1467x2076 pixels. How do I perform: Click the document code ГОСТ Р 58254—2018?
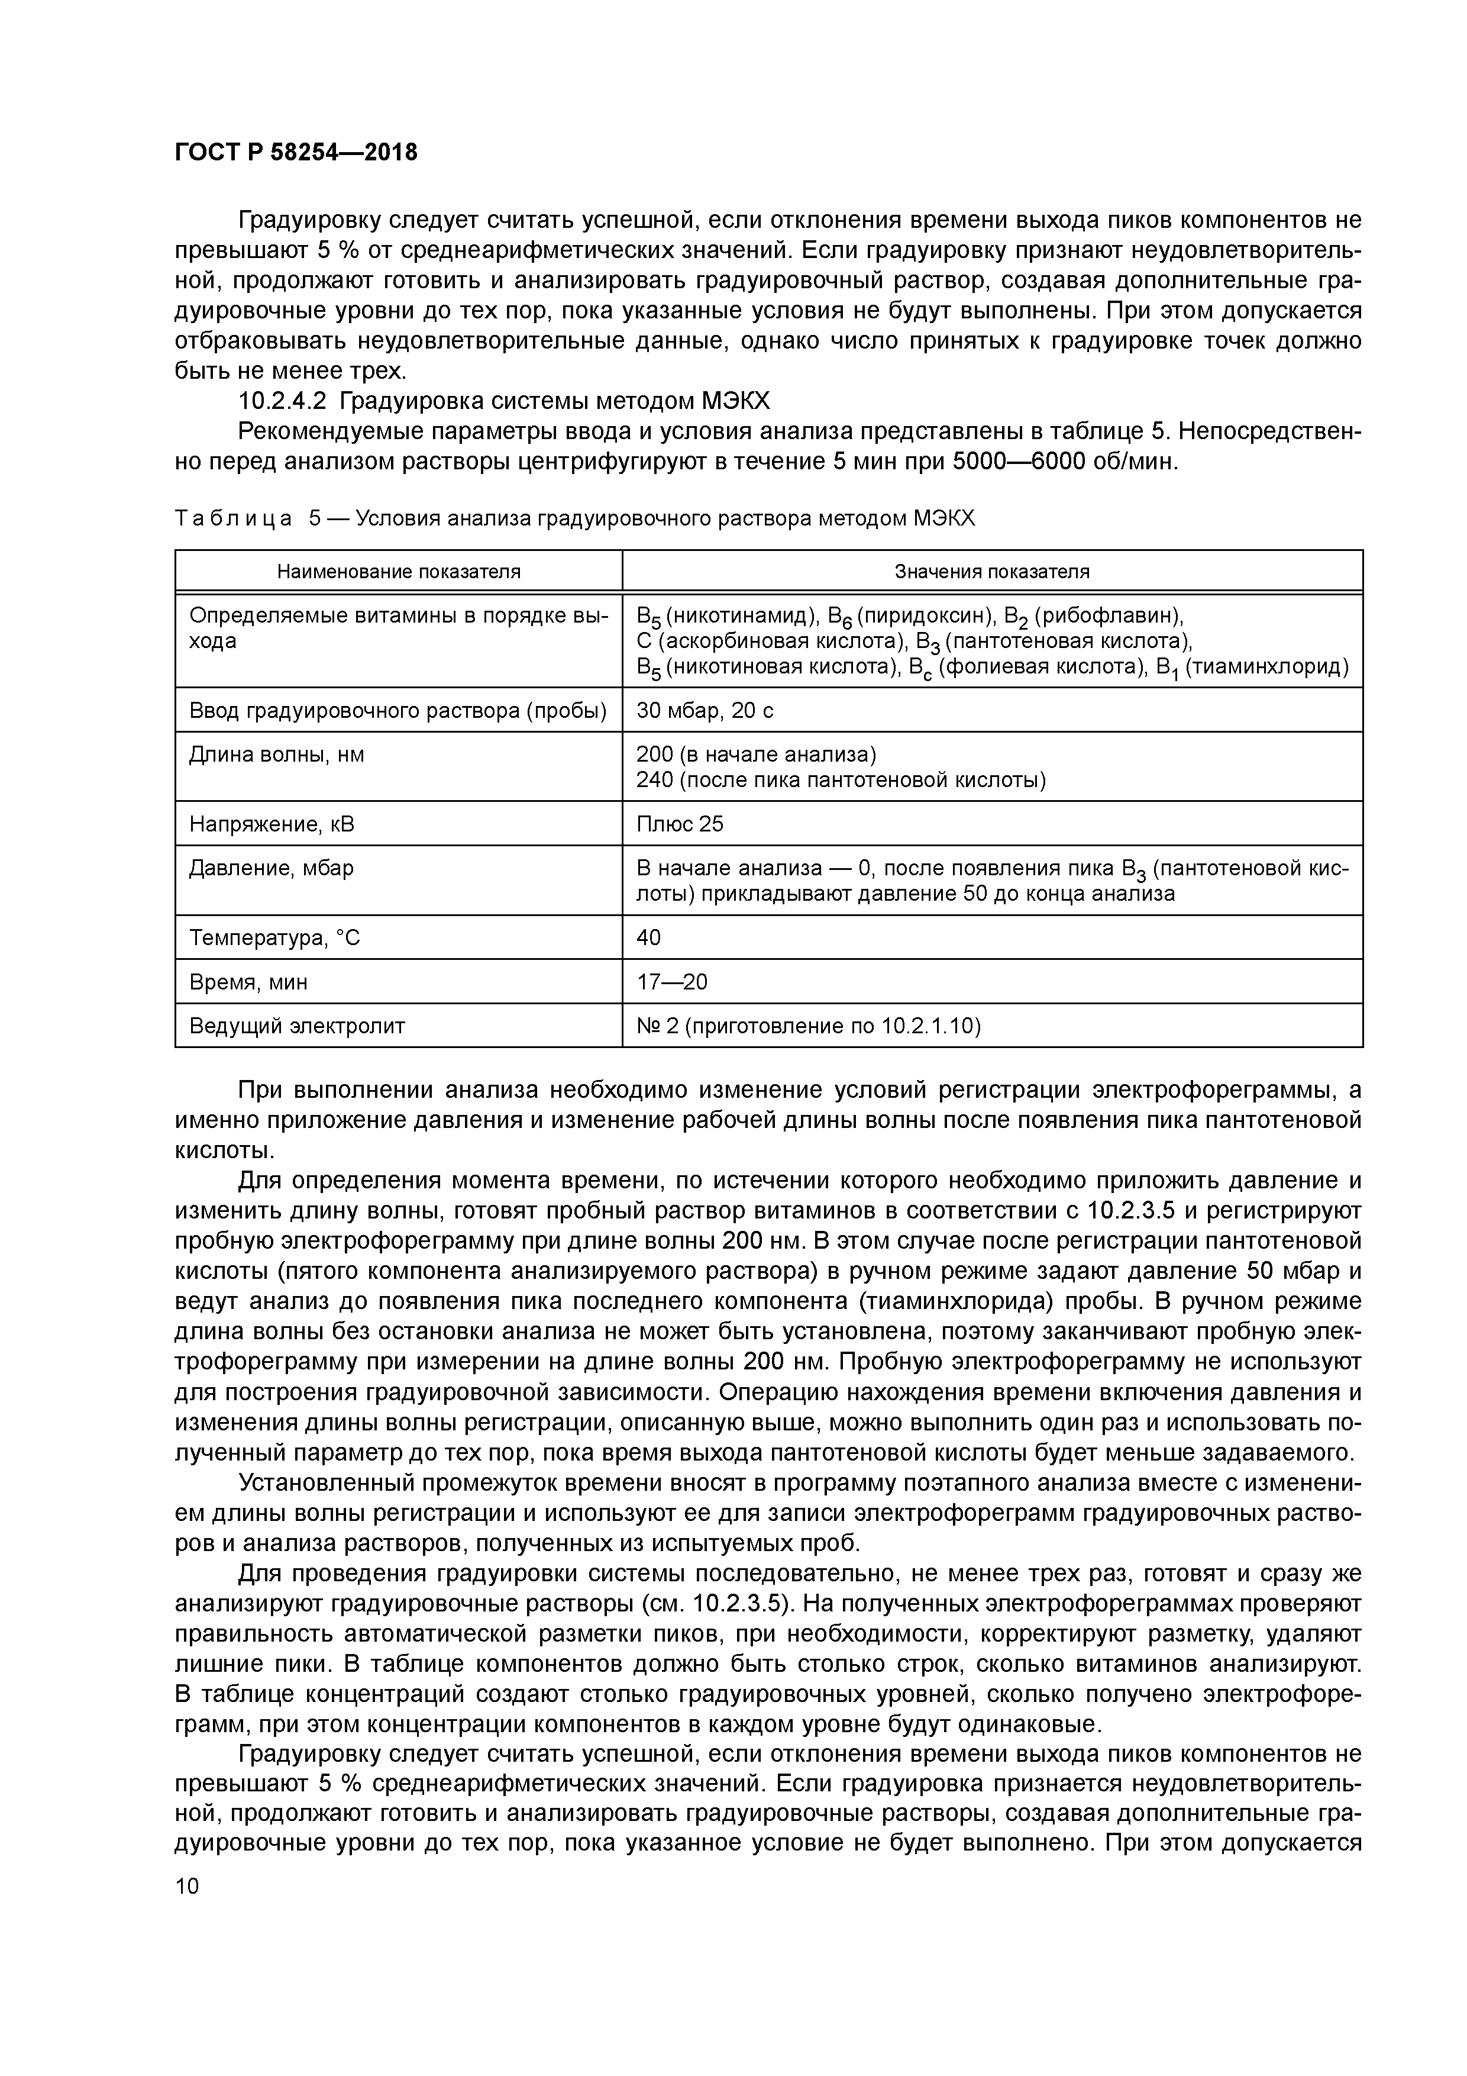click(x=296, y=153)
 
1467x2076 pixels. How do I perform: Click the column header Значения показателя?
click(x=991, y=572)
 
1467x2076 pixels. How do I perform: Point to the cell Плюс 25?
click(x=680, y=824)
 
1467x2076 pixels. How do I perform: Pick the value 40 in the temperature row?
click(x=648, y=937)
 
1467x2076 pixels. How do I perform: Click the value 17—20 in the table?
click(x=671, y=982)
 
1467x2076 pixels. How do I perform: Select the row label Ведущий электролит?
click(x=296, y=1026)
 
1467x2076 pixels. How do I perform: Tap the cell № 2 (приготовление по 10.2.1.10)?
click(x=808, y=1026)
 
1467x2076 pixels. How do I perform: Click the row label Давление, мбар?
click(x=271, y=868)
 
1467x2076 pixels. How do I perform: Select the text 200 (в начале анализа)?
click(x=755, y=754)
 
